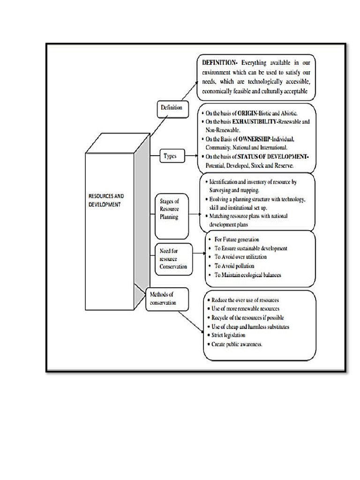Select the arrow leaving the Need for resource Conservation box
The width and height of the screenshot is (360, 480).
tap(199, 254)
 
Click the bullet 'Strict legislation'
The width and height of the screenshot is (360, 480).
tap(228, 335)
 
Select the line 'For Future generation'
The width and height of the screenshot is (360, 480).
tap(236, 240)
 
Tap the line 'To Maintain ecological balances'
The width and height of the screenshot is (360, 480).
tap(247, 275)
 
